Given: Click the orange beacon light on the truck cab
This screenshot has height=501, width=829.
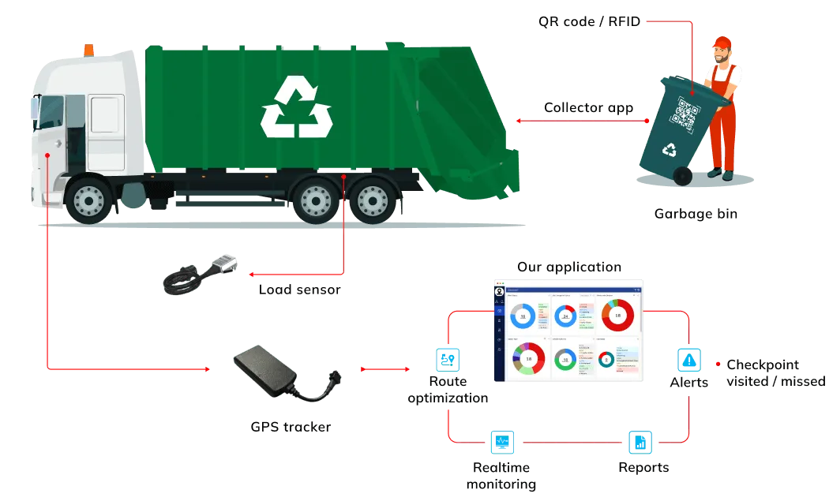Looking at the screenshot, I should pos(88,49).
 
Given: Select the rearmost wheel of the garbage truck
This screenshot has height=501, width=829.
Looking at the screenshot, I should pos(373,200).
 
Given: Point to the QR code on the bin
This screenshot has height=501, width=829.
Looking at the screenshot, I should pos(684,114).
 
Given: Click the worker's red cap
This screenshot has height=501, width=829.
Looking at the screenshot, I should pos(722,42).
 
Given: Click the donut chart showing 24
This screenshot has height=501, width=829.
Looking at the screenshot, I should pos(565,316).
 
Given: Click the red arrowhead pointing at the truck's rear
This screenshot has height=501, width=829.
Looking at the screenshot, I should pos(519,122).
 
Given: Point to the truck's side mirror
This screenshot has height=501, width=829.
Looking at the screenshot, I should pos(34,106).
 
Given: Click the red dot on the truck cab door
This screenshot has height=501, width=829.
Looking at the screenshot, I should pos(48,155).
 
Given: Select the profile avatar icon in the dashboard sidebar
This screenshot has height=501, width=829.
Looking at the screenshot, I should pos(498,290).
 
